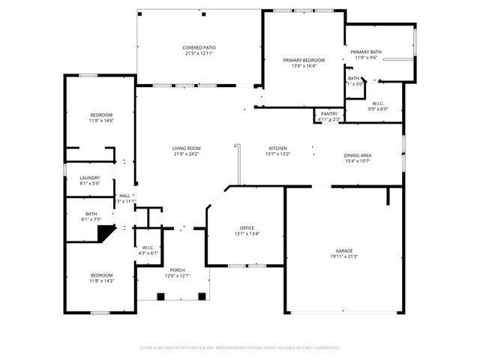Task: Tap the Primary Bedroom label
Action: tap(304, 60)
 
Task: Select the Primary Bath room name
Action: tap(367, 52)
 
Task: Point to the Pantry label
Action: tap(329, 113)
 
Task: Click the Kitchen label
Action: tap(277, 148)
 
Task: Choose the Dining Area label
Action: tap(358, 154)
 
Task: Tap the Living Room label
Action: tap(187, 148)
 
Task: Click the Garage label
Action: tap(344, 250)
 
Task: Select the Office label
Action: tap(247, 227)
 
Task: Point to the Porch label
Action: tap(178, 270)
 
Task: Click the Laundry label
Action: tap(90, 178)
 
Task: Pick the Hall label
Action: tap(124, 196)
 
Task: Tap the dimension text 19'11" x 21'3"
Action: tap(344, 256)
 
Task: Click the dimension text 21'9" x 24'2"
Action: tap(187, 154)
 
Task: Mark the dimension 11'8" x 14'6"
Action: tap(100, 121)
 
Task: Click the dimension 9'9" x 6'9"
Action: tap(377, 109)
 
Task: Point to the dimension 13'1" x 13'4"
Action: tap(247, 233)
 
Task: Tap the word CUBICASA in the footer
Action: tap(211, 348)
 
